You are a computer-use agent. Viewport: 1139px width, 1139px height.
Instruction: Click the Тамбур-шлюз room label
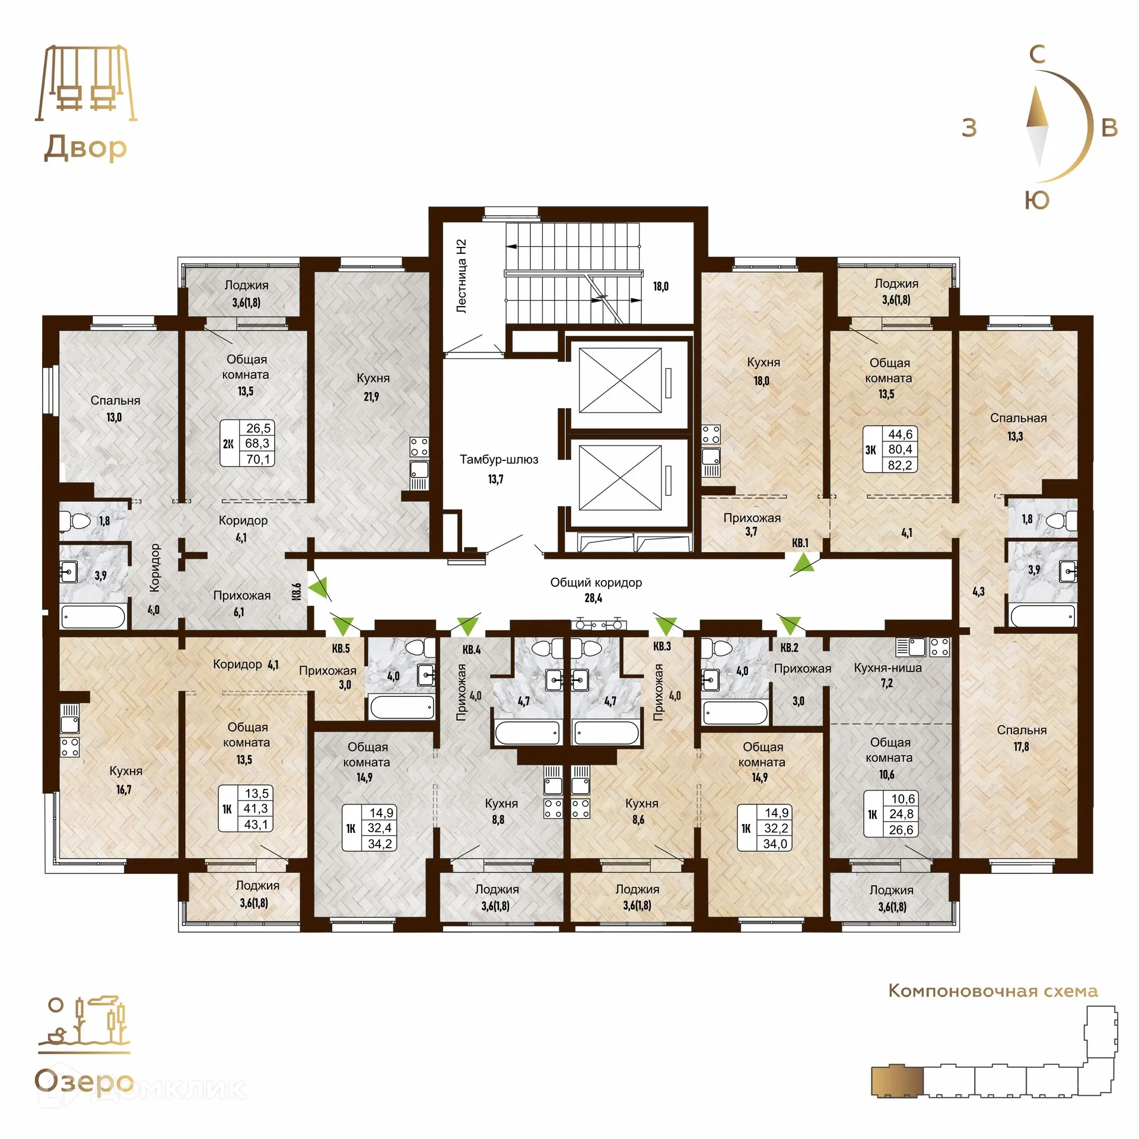coord(499,460)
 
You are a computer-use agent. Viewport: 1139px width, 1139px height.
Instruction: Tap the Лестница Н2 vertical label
coord(462,276)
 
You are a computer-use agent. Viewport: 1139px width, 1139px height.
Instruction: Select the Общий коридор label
coord(596,583)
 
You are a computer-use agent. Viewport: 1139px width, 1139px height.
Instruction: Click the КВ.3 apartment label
coord(662,646)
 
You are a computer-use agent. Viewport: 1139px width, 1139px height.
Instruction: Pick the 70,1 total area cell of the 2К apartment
coord(258,459)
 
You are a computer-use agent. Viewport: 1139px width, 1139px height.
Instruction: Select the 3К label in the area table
coord(870,450)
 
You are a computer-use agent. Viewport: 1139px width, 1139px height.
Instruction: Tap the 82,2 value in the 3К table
coord(900,465)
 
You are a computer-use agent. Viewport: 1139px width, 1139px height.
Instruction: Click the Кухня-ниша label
coord(888,667)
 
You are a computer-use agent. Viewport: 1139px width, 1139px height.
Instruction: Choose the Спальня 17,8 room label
coord(1022,738)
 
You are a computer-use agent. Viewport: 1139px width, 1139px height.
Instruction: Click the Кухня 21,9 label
coord(373,387)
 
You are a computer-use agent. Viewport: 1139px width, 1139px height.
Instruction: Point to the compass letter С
coord(1037,55)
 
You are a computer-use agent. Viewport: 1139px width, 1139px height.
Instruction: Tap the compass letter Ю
coord(1037,201)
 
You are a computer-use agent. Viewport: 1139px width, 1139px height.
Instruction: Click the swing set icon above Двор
coord(86,83)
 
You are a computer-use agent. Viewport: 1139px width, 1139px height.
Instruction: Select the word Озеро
coord(84,1081)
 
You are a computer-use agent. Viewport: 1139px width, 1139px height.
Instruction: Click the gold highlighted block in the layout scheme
coord(897,1081)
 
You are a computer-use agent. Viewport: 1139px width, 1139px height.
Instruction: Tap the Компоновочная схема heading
coord(993,991)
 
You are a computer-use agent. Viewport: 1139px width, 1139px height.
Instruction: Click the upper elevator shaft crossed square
coord(620,380)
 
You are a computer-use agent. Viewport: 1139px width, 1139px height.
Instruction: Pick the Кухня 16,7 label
coord(126,780)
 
